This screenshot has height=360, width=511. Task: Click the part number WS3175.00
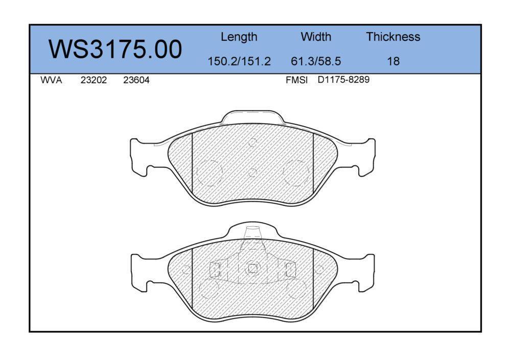click(115, 49)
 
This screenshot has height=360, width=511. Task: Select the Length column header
click(239, 37)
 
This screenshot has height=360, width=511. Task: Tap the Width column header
click(316, 36)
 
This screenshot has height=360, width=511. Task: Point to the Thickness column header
click(393, 36)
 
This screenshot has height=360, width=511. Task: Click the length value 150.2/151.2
click(239, 61)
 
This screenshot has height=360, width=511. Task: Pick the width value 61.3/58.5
click(316, 61)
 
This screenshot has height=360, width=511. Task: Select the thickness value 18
click(393, 61)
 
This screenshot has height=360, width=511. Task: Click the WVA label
click(51, 80)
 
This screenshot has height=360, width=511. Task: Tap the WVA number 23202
click(94, 80)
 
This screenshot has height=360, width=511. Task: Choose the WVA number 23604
click(136, 80)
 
